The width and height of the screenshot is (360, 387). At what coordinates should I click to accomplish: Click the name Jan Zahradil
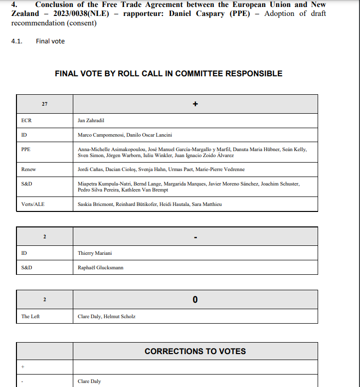(91, 121)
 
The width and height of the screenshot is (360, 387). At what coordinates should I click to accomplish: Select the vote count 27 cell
(45, 104)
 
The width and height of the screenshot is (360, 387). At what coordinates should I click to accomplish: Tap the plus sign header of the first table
(195, 104)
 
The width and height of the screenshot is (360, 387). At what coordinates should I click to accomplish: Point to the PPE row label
(26, 149)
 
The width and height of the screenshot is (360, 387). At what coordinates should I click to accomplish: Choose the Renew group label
(28, 170)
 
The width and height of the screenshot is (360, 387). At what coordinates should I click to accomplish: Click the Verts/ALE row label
(33, 204)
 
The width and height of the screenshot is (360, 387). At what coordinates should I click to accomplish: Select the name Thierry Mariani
(95, 253)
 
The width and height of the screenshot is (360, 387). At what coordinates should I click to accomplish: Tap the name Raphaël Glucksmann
(101, 268)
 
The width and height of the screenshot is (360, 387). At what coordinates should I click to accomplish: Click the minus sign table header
(195, 236)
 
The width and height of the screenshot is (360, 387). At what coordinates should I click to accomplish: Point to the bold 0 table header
(195, 300)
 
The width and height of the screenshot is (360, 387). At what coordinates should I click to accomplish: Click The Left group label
(30, 317)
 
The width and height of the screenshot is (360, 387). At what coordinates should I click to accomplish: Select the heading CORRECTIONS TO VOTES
(195, 352)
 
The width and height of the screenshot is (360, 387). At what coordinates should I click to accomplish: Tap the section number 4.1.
(17, 41)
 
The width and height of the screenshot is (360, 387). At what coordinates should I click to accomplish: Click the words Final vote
(50, 41)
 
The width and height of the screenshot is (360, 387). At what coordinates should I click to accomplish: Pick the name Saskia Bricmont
(95, 204)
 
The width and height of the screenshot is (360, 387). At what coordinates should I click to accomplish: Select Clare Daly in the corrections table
(89, 382)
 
